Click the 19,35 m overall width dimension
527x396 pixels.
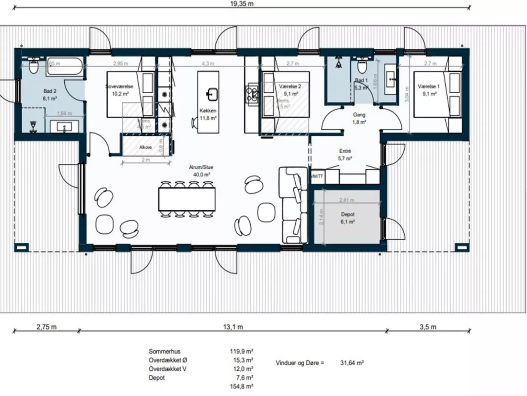(x=242, y=4)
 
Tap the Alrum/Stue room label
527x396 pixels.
(x=201, y=171)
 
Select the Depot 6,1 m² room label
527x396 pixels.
(x=348, y=218)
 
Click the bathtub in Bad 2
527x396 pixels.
(x=65, y=67)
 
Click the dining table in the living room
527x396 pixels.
(x=187, y=199)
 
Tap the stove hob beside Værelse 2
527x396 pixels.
(x=252, y=93)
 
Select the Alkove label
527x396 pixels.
(x=145, y=147)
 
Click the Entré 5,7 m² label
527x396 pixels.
(x=345, y=154)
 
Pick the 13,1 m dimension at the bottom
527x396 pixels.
(x=233, y=327)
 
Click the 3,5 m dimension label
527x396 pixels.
(x=428, y=327)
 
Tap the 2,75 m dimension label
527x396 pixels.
(x=46, y=327)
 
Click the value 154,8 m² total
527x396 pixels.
(x=241, y=386)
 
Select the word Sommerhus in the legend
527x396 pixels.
(x=164, y=351)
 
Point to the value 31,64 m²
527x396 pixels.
(x=352, y=363)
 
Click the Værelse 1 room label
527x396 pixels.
(x=429, y=90)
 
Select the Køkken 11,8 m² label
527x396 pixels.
(x=208, y=114)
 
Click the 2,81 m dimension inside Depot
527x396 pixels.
(x=347, y=200)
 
